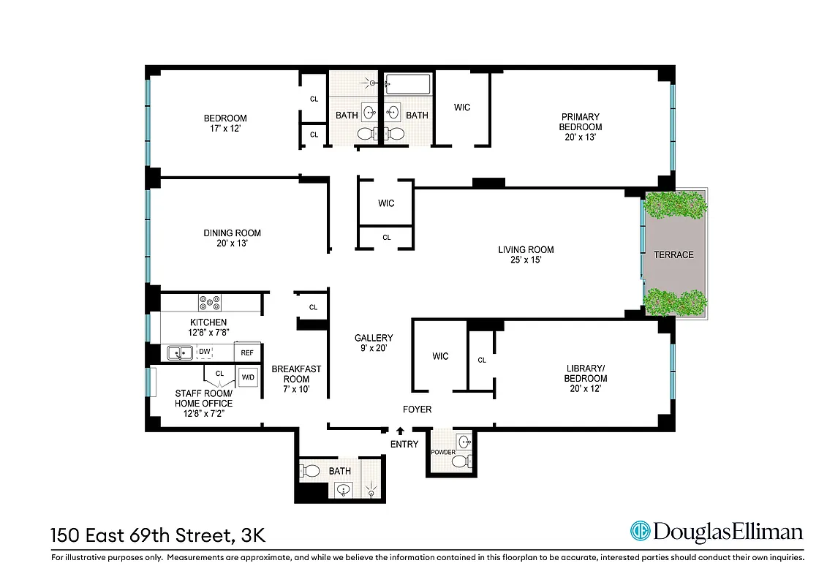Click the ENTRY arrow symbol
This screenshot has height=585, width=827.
[x=400, y=432]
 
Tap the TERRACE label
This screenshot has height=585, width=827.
[x=673, y=254]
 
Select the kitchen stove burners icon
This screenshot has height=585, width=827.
[x=210, y=301]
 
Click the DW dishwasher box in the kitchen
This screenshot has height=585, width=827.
[x=205, y=352]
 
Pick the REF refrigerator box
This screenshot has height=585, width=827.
[x=247, y=353]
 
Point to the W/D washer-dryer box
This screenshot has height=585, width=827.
[x=248, y=378]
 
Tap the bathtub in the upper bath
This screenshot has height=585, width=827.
[x=409, y=83]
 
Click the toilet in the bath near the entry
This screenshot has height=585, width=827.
[x=310, y=471]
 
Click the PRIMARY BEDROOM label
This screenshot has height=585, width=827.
[x=581, y=122]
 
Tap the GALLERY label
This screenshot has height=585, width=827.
[x=374, y=338]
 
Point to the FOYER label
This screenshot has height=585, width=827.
[x=417, y=409]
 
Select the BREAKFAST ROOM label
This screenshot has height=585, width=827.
[x=295, y=374]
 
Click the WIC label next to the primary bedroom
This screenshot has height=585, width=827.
[x=461, y=107]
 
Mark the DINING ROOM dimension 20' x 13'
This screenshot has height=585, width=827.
[x=232, y=244]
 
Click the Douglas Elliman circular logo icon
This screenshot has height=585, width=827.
[x=641, y=532]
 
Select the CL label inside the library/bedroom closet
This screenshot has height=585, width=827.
[x=481, y=361]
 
